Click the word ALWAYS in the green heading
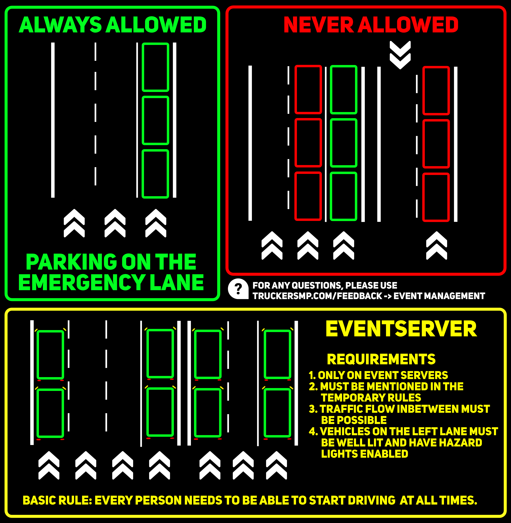coord(60,25)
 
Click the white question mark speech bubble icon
coord(238,289)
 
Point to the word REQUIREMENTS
coord(381,359)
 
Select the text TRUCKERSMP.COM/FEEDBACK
coord(317,296)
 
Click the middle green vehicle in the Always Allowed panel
coord(155,120)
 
